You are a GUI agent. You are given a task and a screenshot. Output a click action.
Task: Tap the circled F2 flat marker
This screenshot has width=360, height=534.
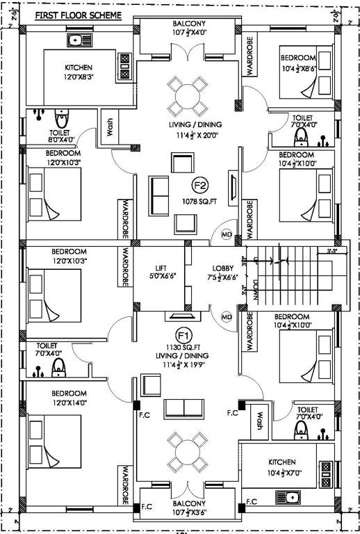(x=200, y=185)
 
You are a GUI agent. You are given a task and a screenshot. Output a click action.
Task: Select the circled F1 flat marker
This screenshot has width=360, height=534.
(x=183, y=334)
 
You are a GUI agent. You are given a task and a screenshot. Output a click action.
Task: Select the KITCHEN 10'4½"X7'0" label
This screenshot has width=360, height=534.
(x=281, y=467)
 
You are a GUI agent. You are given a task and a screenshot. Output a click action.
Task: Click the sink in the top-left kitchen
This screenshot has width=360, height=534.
(x=79, y=40)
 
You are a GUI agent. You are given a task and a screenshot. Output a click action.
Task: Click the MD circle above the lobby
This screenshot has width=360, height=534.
(x=226, y=234)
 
